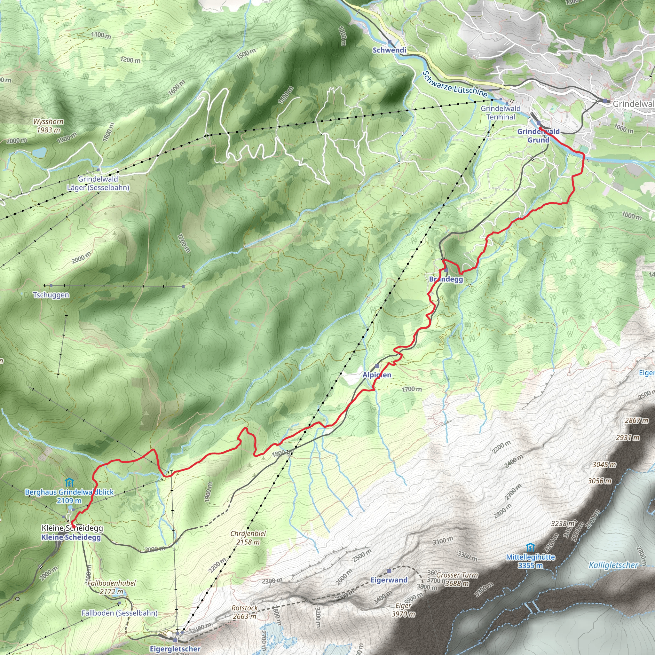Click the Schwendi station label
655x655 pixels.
389,50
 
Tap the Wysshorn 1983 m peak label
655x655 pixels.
48,126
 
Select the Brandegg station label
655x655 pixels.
446,279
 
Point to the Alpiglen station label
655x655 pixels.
377,375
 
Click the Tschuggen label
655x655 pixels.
51,295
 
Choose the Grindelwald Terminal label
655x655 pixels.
501,113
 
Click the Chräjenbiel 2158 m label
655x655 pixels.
248,538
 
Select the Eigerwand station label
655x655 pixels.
389,580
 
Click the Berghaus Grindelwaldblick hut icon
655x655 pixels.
69,482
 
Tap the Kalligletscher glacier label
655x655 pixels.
613,565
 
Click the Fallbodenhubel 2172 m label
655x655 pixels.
112,587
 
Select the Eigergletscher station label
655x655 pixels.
175,649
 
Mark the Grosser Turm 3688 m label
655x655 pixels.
457,579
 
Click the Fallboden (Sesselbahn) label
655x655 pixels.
119,613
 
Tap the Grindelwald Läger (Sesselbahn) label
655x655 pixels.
98,183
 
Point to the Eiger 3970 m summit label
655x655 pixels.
403,610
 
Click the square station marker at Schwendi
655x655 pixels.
390,42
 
